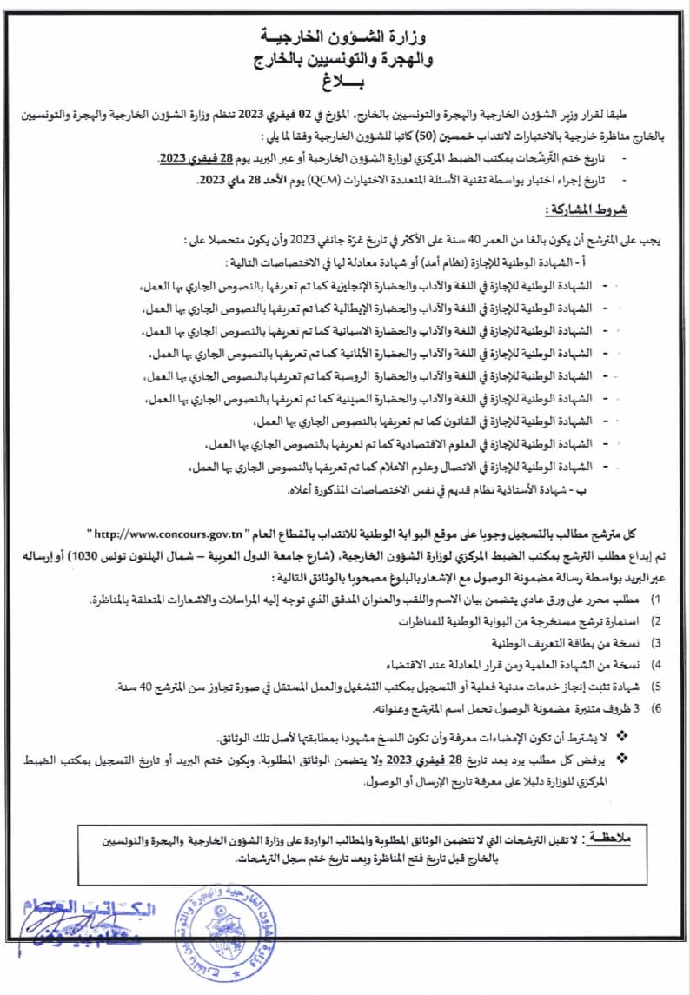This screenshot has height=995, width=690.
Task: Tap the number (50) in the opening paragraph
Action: (327, 136)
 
